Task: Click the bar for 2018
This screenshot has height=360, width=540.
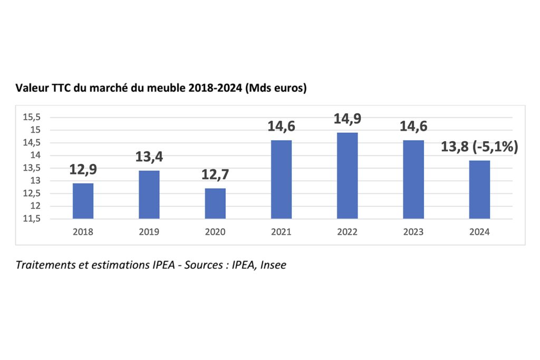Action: (83, 201)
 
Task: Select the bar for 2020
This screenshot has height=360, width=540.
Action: (215, 203)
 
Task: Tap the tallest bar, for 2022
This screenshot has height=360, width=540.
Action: (347, 176)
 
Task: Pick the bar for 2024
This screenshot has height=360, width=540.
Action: (479, 189)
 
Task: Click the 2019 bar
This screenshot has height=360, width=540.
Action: (149, 194)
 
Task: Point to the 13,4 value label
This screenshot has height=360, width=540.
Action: (149, 157)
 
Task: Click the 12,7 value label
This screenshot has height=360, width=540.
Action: (215, 175)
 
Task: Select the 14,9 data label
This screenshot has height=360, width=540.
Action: (347, 119)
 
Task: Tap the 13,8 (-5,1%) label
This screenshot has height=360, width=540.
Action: (479, 147)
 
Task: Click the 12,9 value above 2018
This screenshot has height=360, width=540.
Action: (83, 170)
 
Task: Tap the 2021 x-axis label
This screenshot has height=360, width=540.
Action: (281, 232)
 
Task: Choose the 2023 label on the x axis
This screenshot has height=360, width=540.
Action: (413, 232)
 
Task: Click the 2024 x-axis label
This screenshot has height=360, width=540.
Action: (479, 232)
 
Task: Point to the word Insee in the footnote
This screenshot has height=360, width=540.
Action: (274, 265)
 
